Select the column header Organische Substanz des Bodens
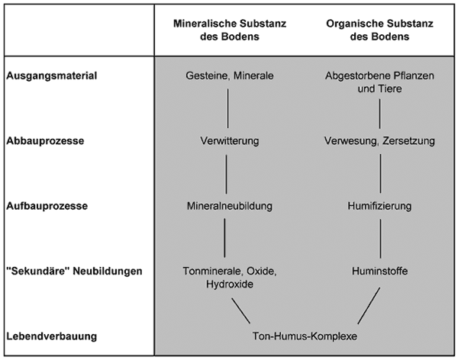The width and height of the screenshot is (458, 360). [379, 28]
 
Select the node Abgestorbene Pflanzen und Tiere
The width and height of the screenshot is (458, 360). [379, 82]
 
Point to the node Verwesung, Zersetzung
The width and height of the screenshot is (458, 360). [379, 141]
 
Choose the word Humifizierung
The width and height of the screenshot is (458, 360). [379, 206]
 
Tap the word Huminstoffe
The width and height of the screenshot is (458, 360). [379, 271]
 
